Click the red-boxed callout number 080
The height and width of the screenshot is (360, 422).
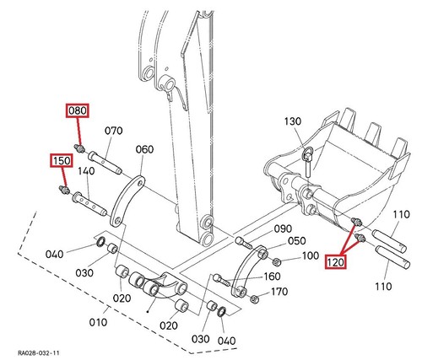[78, 110]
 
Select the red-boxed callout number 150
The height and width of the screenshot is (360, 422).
[62, 160]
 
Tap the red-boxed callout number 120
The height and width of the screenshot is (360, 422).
[335, 262]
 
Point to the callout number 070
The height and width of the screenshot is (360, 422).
[114, 131]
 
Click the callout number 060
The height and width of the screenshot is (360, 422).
[144, 149]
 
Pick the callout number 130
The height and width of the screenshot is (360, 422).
[293, 121]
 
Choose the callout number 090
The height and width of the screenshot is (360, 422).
[283, 228]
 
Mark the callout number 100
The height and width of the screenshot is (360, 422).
[311, 255]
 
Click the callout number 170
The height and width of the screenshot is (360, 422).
[279, 292]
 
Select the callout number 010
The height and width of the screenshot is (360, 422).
[98, 322]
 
